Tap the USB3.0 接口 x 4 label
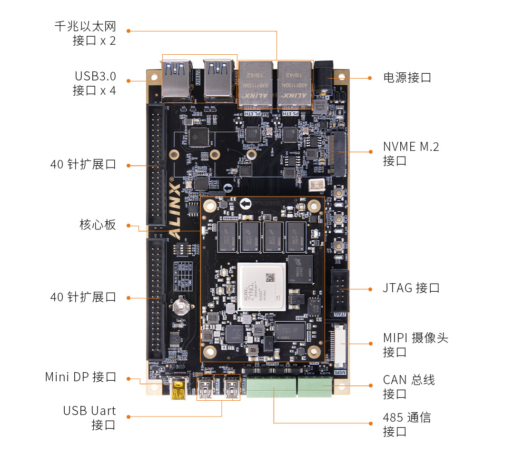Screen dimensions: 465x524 [94, 83]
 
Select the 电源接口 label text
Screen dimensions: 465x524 [407, 78]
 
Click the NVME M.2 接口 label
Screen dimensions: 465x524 [411, 153]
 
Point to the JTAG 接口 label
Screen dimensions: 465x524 [411, 288]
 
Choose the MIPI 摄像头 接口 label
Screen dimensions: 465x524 [415, 345]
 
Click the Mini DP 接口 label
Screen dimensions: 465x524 [80, 377]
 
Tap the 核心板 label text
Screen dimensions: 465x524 [97, 225]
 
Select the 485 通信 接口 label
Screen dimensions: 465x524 [406, 425]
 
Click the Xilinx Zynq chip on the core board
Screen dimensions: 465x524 [262, 287]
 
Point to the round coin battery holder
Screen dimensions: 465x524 [182, 304]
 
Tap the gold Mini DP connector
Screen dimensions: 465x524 [178, 388]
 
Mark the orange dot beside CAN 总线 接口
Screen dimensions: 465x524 [370, 385]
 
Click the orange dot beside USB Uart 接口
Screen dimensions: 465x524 [129, 417]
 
